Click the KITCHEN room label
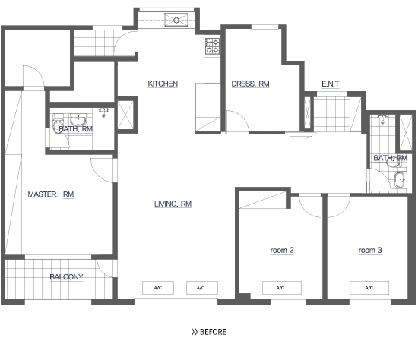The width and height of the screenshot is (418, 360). tap(163, 84)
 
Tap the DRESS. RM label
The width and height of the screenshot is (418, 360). tap(250, 84)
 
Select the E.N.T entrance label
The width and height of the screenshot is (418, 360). tap(331, 84)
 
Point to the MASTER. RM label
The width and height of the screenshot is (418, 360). tap(51, 194)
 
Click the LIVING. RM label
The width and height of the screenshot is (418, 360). tap(173, 204)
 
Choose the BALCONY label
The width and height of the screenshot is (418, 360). tap(66, 277)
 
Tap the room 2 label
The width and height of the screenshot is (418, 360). tap(282, 250)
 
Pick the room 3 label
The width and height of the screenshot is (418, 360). tap(370, 250)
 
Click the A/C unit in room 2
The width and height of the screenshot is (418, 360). tap(282, 288)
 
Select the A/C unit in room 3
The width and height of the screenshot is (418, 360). tap(369, 288)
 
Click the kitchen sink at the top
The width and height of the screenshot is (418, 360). tap(176, 21)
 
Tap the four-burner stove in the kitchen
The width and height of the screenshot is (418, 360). tap(212, 46)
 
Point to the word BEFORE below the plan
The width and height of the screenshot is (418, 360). tap(213, 332)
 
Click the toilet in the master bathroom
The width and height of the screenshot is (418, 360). tap(58, 124)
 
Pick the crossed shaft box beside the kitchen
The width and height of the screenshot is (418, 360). tap(125, 115)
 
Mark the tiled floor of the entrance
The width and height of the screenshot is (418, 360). tap(332, 115)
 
